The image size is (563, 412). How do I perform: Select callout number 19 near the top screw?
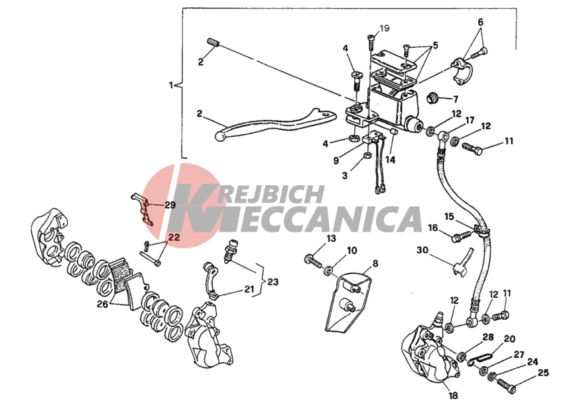click(384, 28)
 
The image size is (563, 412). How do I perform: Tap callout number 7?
click(456, 99)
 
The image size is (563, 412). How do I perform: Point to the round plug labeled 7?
click(432, 98)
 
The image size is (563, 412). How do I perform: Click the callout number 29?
click(170, 205)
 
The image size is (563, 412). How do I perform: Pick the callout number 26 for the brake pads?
click(102, 305)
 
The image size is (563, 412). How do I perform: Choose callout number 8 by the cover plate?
click(375, 263)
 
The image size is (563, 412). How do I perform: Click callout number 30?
click(422, 249)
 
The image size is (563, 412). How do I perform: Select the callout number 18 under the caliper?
click(453, 395)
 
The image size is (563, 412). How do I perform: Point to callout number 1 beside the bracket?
click(171, 86)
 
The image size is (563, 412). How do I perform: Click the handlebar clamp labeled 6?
click(462, 70)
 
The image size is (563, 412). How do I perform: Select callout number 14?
click(391, 160)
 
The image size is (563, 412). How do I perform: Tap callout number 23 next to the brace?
click(273, 282)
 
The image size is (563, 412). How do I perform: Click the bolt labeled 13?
click(313, 261)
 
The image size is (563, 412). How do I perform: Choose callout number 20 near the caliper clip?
click(509, 339)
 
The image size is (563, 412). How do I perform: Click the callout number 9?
click(336, 160)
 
